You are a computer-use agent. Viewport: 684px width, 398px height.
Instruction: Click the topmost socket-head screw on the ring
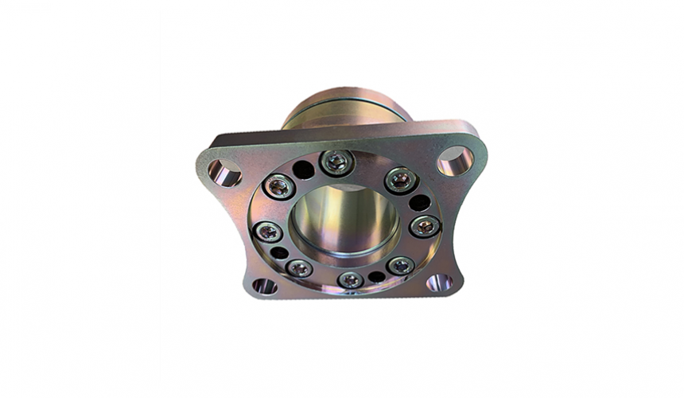pyautogui.click(x=336, y=162)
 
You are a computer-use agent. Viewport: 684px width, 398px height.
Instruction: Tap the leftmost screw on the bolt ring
pyautogui.click(x=269, y=232)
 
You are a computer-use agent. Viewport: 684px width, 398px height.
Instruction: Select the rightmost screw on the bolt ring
pyautogui.click(x=425, y=225)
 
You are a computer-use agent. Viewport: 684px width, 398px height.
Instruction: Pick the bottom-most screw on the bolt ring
pyautogui.click(x=350, y=279)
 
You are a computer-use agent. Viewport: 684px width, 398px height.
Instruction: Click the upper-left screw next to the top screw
pyautogui.click(x=279, y=187)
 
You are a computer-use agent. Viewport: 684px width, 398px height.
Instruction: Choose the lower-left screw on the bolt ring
pyautogui.click(x=299, y=267)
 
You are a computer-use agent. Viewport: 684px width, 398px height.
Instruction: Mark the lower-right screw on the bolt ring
pyautogui.click(x=401, y=265)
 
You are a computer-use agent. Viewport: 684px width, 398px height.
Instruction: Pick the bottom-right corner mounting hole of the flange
pyautogui.click(x=439, y=283)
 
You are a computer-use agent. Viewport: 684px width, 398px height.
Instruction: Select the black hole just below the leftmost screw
pyautogui.click(x=280, y=253)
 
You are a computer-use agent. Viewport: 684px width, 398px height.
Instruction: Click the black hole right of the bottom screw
pyautogui.click(x=376, y=277)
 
